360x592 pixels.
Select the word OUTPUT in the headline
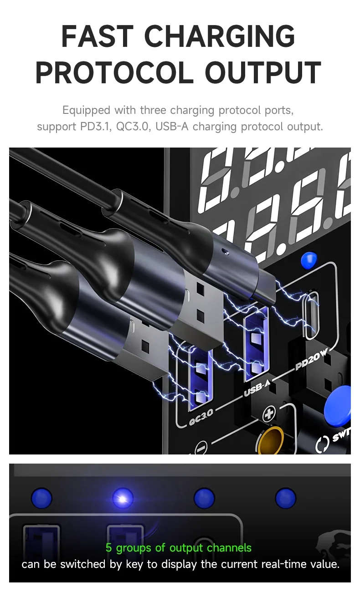coord(263,72)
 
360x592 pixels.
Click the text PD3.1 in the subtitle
coord(94,126)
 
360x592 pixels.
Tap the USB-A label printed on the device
coord(256,389)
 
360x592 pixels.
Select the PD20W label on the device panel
coord(311,359)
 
